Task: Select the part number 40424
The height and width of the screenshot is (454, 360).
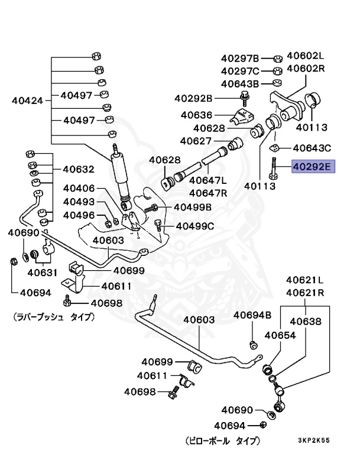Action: coord(27,100)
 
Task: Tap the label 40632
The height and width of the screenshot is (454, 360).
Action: coord(79,169)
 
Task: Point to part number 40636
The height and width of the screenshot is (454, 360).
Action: coord(196,115)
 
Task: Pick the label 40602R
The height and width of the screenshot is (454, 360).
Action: coord(306,69)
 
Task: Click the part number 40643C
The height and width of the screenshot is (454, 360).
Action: coord(312,148)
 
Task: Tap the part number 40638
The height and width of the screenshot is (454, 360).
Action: coord(306,322)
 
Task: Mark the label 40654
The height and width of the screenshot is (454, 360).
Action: coord(280,335)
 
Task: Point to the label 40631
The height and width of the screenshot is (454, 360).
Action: coord(41,273)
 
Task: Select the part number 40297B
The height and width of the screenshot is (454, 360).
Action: coord(240,59)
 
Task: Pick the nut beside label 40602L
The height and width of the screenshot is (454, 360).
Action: coord(277,59)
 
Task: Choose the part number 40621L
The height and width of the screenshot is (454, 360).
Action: coord(306,280)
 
